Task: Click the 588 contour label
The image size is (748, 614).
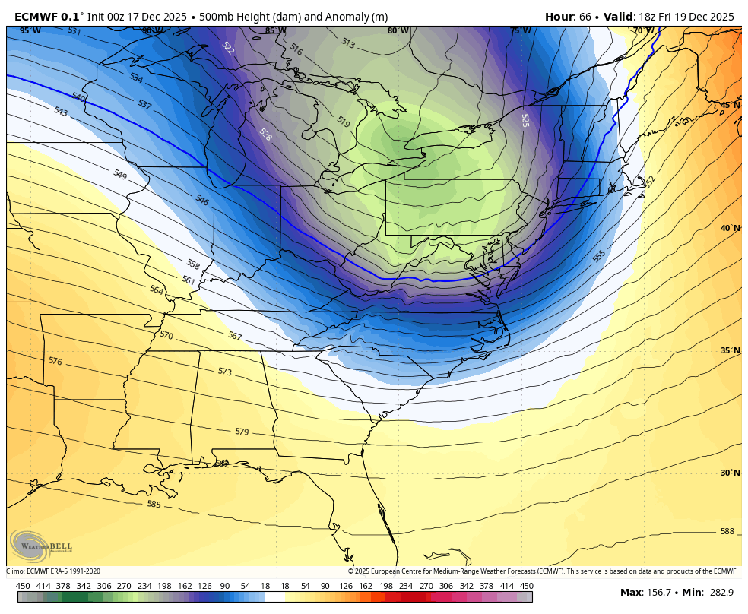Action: click(727, 531)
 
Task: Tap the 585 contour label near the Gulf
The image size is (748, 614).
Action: click(154, 504)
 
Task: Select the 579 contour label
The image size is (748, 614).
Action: click(242, 432)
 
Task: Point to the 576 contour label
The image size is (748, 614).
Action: click(55, 361)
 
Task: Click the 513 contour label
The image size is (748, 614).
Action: click(347, 43)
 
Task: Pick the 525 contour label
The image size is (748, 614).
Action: click(525, 120)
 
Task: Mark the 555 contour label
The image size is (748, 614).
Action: click(599, 256)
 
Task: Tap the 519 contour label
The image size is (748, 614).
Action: click(343, 122)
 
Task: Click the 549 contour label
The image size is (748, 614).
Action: click(119, 174)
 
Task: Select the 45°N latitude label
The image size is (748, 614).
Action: click(730, 105)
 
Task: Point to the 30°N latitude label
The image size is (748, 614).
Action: click(730, 473)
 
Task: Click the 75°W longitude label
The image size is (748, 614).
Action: click(520, 31)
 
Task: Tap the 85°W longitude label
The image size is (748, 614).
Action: click(275, 31)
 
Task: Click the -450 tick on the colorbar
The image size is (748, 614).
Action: click(22, 586)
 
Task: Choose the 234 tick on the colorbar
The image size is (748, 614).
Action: click(406, 586)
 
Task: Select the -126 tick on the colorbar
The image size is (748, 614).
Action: click(204, 586)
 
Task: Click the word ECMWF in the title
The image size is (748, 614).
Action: click(36, 16)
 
